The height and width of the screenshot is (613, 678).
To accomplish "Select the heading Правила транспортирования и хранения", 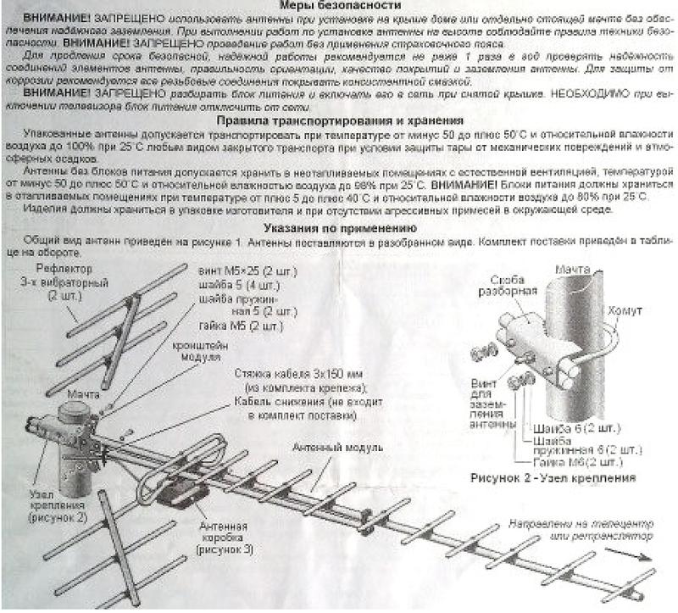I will pos(340,121).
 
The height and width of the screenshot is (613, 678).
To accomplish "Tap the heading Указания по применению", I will pos(339,228).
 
